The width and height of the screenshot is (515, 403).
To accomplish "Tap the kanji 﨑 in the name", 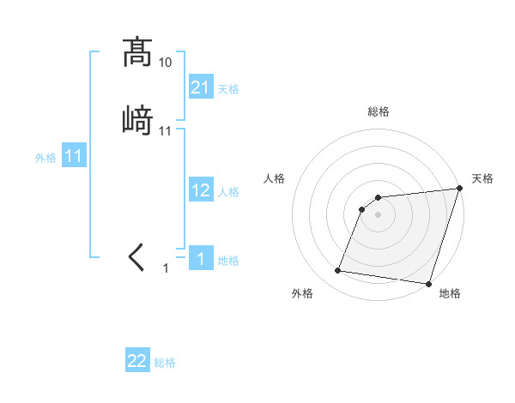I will point(137,120).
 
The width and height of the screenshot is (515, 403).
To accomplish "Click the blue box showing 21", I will point(200,87).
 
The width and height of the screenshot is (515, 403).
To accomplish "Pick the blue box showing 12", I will point(200,190).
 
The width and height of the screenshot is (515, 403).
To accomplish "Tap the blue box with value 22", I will point(137,361).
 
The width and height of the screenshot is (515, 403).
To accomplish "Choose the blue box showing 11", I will point(74,156).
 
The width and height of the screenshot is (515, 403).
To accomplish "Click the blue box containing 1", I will point(200,259).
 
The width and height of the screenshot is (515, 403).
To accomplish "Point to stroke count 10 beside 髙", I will point(166,63).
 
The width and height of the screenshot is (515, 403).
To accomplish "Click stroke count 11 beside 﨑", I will point(166,131).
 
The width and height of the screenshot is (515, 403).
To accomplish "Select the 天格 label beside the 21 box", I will point(228,88).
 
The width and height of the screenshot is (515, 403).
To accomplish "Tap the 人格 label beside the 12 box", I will point(228,192).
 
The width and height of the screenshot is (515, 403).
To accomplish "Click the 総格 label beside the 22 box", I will point(165,363).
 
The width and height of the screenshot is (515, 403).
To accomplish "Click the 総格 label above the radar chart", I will point(379,111).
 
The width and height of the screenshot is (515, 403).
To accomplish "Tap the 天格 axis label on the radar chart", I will point(482,178).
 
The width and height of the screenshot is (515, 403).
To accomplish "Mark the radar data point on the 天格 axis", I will point(460,189).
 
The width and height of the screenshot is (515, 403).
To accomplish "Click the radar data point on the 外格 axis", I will point(338,271).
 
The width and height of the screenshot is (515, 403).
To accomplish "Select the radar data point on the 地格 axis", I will point(428,284).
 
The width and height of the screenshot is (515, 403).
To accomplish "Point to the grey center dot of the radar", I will point(379,215).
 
